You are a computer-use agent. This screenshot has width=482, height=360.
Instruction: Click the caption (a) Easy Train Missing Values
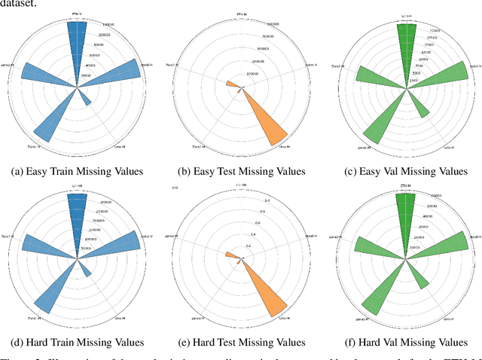(x=77, y=171)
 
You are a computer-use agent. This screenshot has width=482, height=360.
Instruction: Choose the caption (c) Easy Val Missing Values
(x=407, y=171)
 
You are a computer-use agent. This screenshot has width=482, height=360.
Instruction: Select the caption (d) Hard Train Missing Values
(x=77, y=344)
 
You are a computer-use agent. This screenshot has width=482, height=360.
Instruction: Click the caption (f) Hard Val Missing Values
(x=407, y=344)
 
